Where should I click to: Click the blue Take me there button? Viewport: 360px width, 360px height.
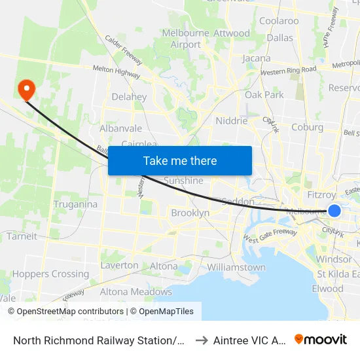180,160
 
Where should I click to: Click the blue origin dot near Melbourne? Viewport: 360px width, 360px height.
334,210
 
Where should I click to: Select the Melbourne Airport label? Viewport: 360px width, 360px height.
185,39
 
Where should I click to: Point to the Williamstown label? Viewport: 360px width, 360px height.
236,267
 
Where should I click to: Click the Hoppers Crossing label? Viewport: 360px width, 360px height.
50,274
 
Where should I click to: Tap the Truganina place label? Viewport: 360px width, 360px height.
76,204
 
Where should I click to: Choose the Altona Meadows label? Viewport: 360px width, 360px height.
135,292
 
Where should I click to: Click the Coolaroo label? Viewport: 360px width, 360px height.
279,20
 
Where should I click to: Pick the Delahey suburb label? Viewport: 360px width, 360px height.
129,97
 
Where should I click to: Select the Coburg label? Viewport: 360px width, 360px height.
308,127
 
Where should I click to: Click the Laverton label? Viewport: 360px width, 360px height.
119,265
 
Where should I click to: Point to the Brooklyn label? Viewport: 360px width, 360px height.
190,213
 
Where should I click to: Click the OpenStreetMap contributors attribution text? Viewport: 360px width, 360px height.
66,312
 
